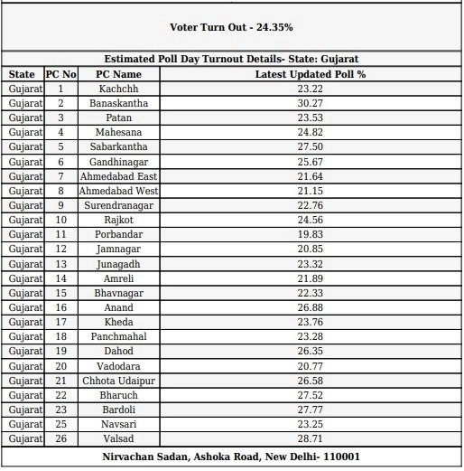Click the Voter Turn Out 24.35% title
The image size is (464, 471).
point(231,27)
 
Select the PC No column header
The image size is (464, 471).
point(60,74)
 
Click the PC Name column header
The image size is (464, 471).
point(119,74)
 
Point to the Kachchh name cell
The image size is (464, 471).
point(119,89)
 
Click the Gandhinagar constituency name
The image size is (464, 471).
point(119,161)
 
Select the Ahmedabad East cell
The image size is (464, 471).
point(119,176)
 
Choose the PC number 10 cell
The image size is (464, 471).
point(60,220)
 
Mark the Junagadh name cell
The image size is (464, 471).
point(119,264)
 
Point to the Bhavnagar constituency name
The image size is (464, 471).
point(119,293)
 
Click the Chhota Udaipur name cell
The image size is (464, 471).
point(119,381)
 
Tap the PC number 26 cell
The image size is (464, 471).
point(60,438)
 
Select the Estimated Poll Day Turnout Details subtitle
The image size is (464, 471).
point(231,59)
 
